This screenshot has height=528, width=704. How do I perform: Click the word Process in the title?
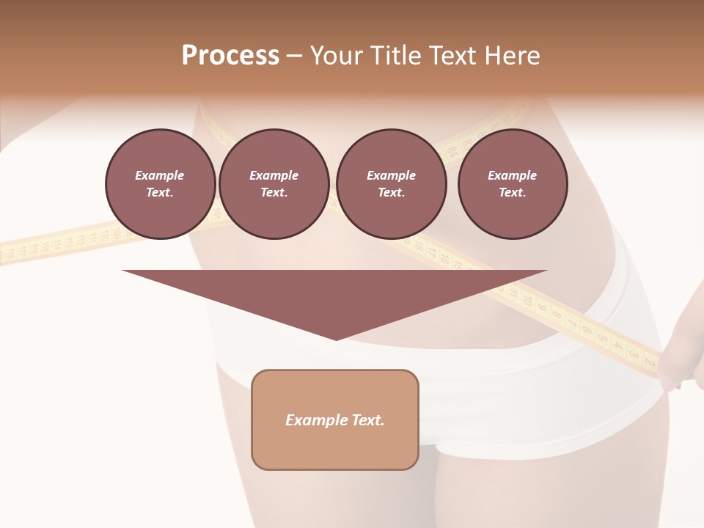coord(230,55)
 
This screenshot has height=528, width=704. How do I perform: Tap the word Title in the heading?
coord(397,56)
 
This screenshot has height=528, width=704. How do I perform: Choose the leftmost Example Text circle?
coord(160,184)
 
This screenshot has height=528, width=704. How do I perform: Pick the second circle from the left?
coord(274,184)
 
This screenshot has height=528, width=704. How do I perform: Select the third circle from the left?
coord(391,184)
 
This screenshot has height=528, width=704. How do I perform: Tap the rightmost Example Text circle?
coord(512,184)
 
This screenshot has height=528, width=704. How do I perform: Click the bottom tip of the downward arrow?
coord(336,339)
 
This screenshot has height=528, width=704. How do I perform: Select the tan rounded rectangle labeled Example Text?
coord(335,419)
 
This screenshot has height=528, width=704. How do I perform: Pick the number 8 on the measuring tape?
coord(555,314)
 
